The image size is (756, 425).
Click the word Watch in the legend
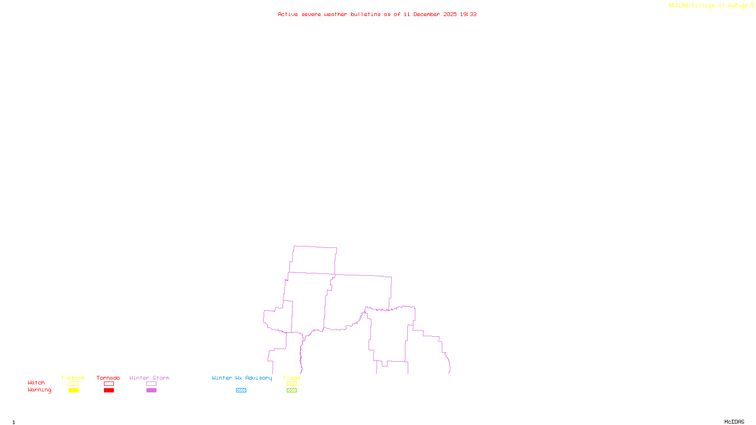coord(36,383)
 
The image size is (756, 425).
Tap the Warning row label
coord(40,390)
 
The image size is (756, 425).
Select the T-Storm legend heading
coord(73,378)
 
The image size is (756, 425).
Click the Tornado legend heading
coord(108,378)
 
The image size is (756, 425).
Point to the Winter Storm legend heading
coord(149,378)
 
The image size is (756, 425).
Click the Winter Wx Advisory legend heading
coord(242,378)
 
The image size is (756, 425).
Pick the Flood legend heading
coord(292,378)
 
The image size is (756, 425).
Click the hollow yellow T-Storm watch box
coord(73,384)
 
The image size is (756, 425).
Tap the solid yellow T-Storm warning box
coord(73,391)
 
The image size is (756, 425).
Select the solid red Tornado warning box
coord(109,391)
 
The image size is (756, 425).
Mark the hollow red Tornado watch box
coord(109,384)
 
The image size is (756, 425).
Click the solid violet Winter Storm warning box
coord(151,391)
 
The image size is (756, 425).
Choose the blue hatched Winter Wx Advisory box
coord(241,391)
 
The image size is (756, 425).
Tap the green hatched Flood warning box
coord(292,391)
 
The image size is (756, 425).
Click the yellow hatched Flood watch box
coord(292,384)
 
